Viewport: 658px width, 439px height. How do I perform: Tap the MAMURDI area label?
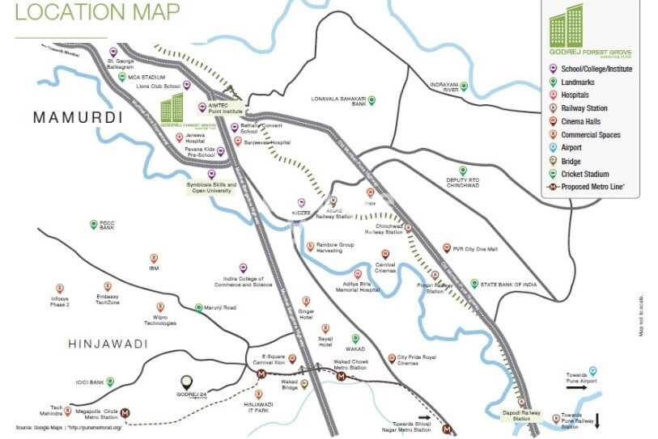click(78, 118)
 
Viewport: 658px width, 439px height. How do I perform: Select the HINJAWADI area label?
click(108, 344)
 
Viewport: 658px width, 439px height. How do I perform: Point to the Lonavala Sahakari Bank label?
click(339, 102)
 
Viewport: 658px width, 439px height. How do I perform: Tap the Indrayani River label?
click(444, 87)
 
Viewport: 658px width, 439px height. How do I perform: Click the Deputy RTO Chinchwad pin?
click(463, 171)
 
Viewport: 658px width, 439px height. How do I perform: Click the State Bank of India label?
click(508, 285)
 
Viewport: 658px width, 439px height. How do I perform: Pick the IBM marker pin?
click(153, 259)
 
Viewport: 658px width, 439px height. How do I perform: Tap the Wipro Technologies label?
click(160, 319)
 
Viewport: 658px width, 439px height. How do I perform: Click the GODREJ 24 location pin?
click(187, 381)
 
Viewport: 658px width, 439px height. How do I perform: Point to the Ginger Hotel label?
click(305, 313)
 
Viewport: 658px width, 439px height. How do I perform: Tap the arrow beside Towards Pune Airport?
click(575, 387)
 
